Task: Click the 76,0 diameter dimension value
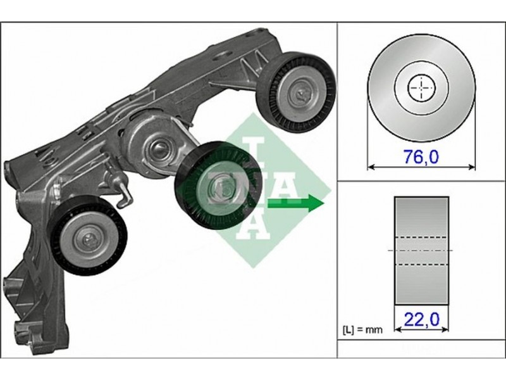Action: pos(421,157)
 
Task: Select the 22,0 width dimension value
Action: pos(421,320)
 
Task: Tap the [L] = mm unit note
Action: pos(362,329)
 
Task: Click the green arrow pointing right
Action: pos(295,203)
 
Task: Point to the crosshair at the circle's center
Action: pos(421,88)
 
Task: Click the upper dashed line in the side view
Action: pos(421,237)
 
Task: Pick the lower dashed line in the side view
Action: pos(421,265)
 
